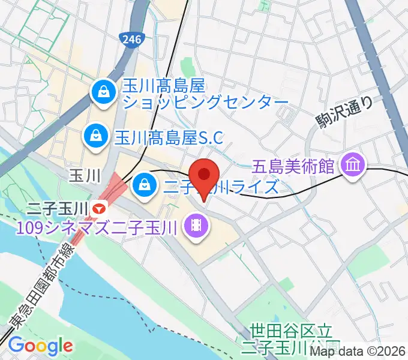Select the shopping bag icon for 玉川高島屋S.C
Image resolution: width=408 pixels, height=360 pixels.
(95, 135)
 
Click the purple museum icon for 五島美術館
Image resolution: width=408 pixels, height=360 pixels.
(351, 163)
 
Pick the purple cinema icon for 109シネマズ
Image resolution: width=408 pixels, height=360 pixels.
(196, 226)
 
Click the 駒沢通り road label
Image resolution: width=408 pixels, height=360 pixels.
(344, 113)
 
